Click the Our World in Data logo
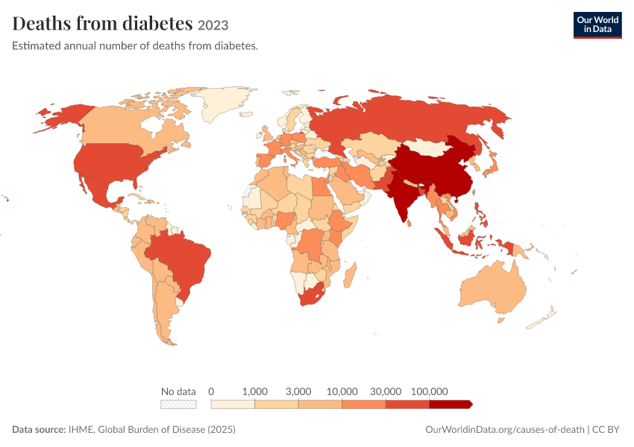pos(597,25)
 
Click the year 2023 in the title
pos(213,25)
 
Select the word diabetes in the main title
pos(157,23)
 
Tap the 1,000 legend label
pos(255,391)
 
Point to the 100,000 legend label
pos(429,391)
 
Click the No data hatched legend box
pos(178,405)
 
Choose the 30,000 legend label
pos(386,391)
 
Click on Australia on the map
pos(493,287)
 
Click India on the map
pos(404,194)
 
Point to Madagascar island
pos(350,276)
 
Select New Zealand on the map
pos(541,320)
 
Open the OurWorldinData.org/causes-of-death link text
pos(505,429)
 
